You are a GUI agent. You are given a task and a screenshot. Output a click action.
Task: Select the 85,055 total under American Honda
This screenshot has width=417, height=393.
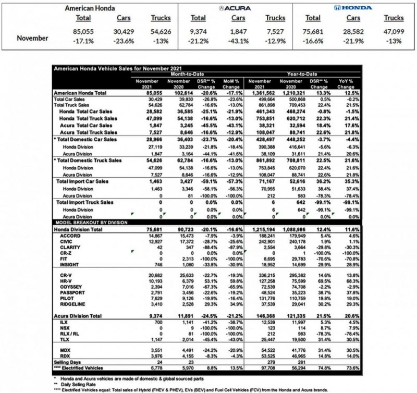(x=84, y=32)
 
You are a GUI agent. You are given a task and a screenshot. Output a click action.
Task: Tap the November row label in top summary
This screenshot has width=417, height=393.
(x=33, y=38)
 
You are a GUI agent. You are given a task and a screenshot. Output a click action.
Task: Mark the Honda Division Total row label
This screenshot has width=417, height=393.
(x=81, y=229)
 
